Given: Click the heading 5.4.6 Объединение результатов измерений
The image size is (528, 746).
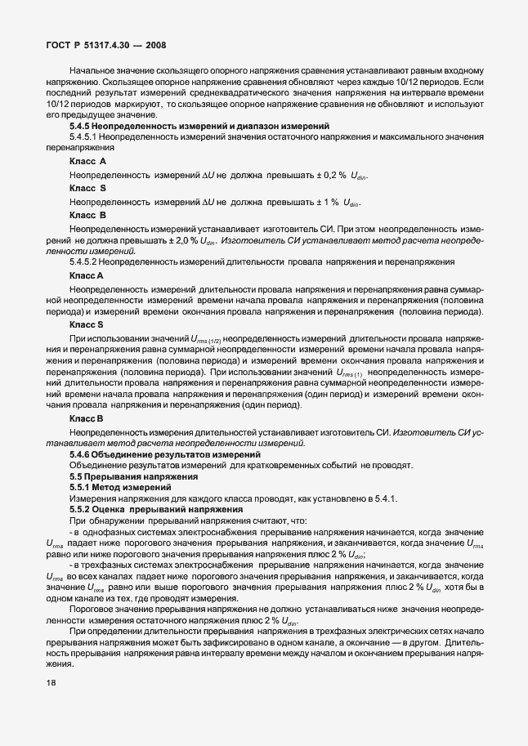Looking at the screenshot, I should click(x=165, y=453).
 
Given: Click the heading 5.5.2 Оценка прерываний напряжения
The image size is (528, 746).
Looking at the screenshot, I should click(x=152, y=507).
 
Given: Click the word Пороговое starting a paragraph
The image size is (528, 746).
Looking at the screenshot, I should click(x=96, y=608).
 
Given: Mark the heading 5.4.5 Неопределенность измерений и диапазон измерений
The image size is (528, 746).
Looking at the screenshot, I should click(x=199, y=127).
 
